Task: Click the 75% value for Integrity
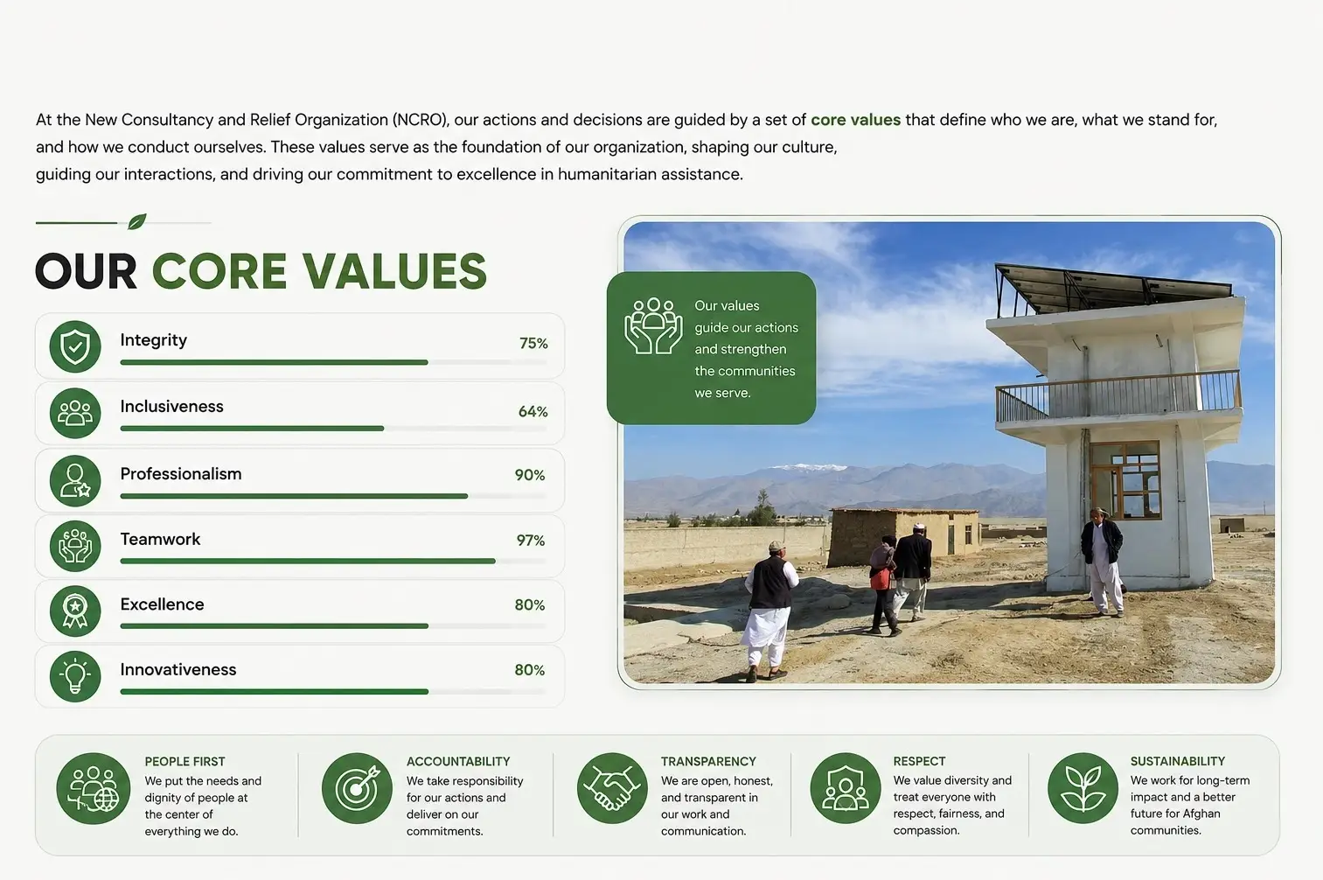pyautogui.click(x=533, y=344)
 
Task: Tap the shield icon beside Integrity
pyautogui.click(x=75, y=346)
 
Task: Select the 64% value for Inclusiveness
pyautogui.click(x=533, y=411)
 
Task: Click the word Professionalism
pyautogui.click(x=181, y=473)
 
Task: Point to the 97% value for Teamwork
pyautogui.click(x=531, y=541)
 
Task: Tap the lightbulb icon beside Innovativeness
pyautogui.click(x=75, y=676)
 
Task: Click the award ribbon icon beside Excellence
pyautogui.click(x=75, y=611)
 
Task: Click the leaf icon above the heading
pyautogui.click(x=137, y=221)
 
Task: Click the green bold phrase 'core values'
pyautogui.click(x=855, y=120)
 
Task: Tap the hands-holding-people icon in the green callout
pyautogui.click(x=653, y=326)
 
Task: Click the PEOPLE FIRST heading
pyautogui.click(x=185, y=761)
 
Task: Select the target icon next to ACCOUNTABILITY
pyautogui.click(x=357, y=788)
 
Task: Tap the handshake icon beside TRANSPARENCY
pyautogui.click(x=612, y=788)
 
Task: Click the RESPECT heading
pyautogui.click(x=919, y=761)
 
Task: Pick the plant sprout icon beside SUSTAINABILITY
pyautogui.click(x=1083, y=788)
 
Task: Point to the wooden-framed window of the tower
pyautogui.click(x=1125, y=480)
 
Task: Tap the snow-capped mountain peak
pyautogui.click(x=809, y=467)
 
